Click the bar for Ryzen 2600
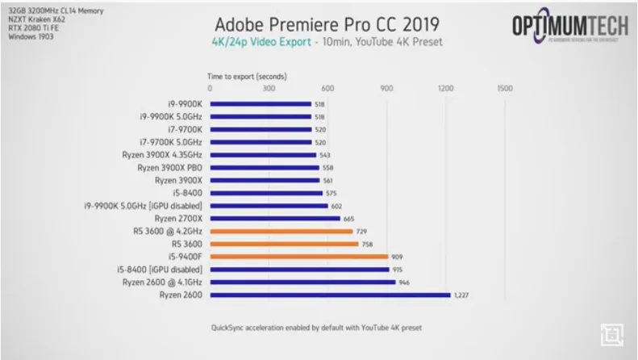coord(330,295)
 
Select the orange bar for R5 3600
coord(284,244)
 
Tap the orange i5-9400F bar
coord(298,257)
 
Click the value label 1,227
coord(461,295)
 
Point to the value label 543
coord(326,154)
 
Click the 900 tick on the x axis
coord(386,88)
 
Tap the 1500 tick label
coord(504,88)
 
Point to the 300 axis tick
coord(269,88)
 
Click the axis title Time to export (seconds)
coord(247,77)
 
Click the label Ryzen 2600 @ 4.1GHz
coord(162,283)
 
